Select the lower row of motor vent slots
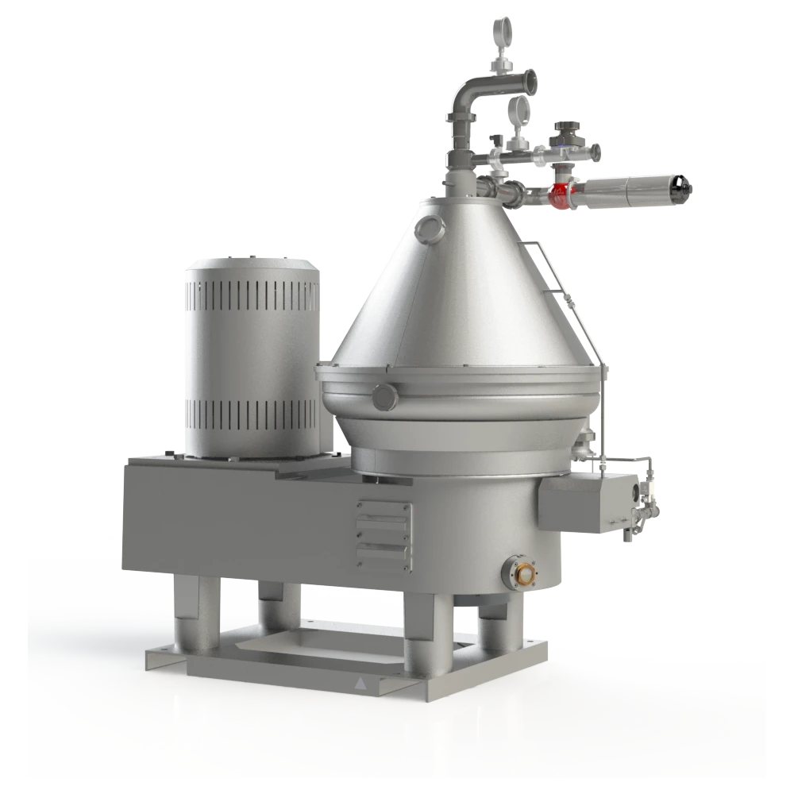[x=252, y=414]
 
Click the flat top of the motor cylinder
[x=252, y=263]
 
